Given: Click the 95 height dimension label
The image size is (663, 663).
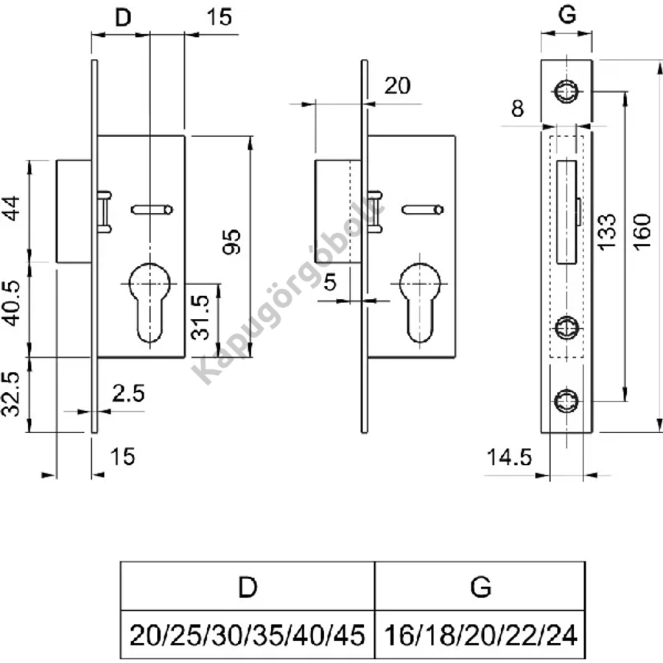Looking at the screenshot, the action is tap(232, 242).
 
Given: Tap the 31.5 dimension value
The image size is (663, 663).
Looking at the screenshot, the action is tap(200, 318).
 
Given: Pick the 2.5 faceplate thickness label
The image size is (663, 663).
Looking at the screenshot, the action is tap(128, 393).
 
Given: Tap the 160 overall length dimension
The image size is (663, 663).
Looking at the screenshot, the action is tap(642, 232).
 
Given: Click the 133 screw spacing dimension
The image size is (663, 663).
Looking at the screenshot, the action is tap(608, 232).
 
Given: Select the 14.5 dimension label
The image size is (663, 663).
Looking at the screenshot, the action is tap(509, 457).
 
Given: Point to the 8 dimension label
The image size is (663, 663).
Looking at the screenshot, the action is tap(518, 109).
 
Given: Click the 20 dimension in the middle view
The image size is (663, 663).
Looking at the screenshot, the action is tap(397, 86).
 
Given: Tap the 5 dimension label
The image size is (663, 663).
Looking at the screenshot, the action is tap(330, 282).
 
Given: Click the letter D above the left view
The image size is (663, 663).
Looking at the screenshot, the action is tap(123, 18).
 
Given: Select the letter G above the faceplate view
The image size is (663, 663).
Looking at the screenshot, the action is tap(567, 15).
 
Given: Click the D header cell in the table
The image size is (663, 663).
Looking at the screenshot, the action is tap(248, 586).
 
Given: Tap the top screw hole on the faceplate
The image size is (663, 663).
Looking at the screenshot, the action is tap(566, 91).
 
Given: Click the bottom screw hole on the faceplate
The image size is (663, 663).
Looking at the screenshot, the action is tap(566, 401).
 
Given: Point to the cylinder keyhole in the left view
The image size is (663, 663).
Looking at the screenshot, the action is tap(150, 302).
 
